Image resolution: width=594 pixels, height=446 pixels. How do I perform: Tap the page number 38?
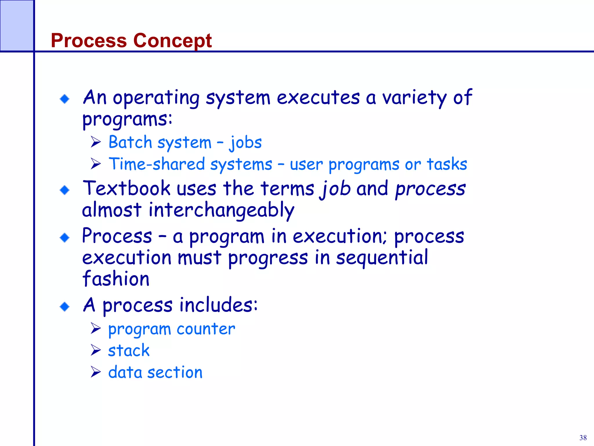click(583, 438)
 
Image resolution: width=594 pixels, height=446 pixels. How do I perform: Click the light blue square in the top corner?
click(17, 26)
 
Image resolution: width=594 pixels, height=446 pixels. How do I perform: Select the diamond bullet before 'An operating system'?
click(65, 99)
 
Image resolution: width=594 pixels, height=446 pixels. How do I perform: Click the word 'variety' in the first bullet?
click(414, 98)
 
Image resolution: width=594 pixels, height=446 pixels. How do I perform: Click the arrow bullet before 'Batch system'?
click(95, 142)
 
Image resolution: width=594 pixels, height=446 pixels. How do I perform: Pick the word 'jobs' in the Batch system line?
click(246, 143)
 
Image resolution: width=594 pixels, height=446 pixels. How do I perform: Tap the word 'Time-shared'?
click(157, 164)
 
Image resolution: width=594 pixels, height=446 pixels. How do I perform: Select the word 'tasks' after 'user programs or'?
click(447, 164)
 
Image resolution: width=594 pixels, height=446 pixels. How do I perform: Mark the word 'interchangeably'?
click(221, 210)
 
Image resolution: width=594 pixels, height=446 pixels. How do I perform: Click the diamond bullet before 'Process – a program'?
click(65, 238)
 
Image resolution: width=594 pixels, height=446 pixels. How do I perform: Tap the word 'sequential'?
click(382, 258)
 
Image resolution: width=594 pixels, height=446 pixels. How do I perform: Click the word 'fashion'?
click(116, 279)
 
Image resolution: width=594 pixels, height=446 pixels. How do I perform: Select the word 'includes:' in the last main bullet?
click(218, 305)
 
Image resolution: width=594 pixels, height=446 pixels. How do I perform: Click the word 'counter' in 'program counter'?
click(206, 329)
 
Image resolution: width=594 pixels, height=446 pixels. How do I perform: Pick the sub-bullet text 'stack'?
click(129, 350)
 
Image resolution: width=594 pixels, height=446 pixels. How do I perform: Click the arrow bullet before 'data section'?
click(95, 372)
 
